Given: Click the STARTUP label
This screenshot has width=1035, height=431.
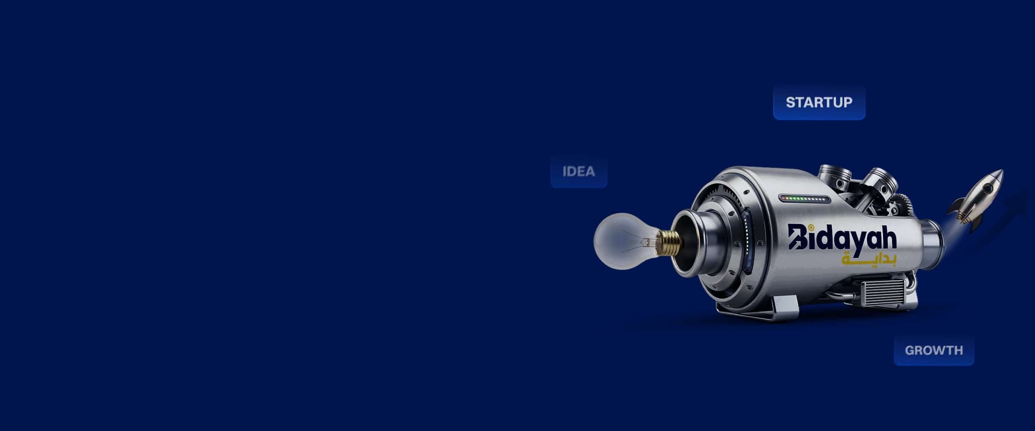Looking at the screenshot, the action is click(819, 102).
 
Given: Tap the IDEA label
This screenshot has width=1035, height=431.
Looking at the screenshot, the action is click(579, 171).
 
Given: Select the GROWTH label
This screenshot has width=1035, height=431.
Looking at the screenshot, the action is click(934, 350).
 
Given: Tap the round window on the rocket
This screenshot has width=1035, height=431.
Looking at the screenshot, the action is click(986, 189).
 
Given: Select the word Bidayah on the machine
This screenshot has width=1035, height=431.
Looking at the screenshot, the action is click(842, 238).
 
